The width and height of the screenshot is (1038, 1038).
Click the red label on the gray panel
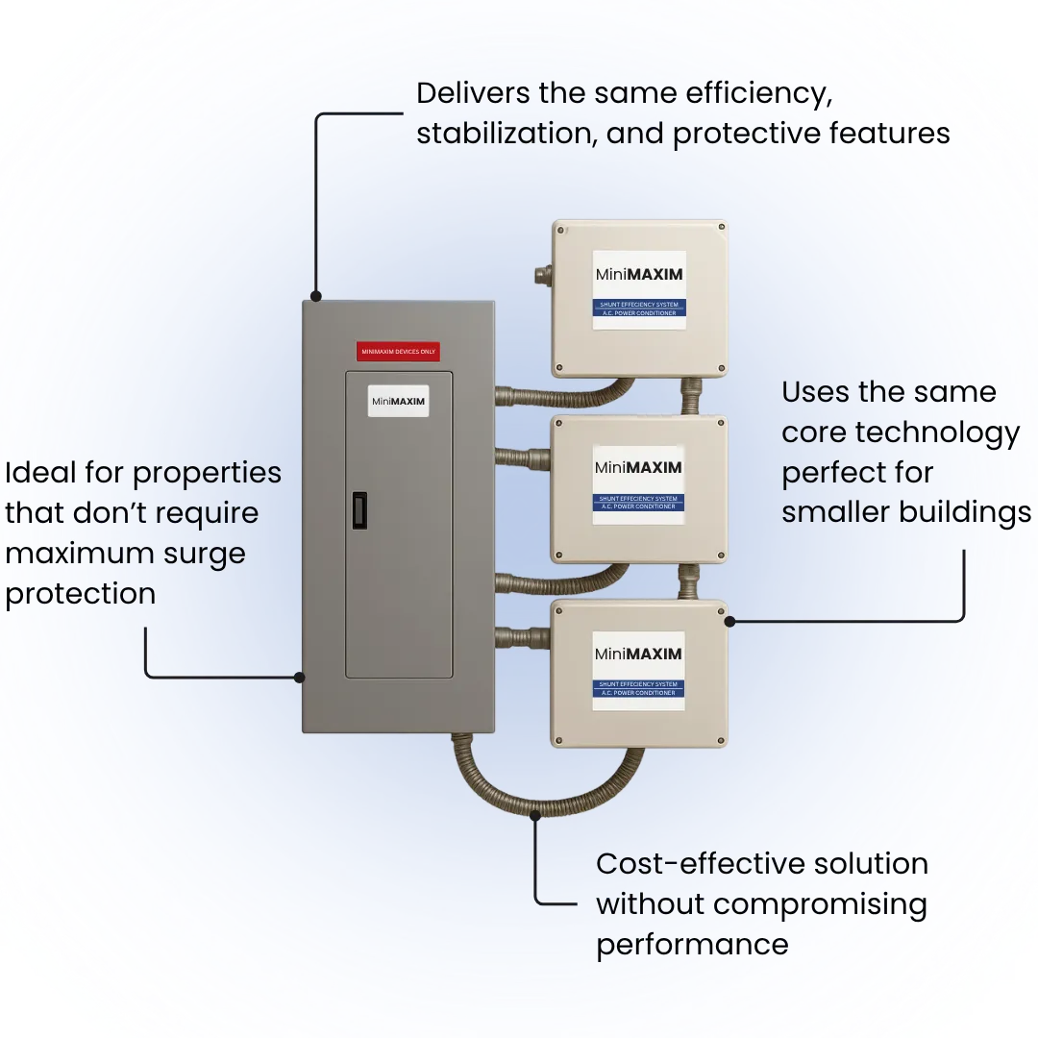(397, 352)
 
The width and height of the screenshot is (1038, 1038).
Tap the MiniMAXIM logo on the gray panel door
(398, 400)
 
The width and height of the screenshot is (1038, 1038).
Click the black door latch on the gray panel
(358, 510)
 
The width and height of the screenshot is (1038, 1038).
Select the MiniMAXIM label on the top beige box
(638, 275)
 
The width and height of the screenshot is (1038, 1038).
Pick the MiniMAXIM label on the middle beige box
(638, 468)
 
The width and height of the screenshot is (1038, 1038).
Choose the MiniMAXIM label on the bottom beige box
(638, 655)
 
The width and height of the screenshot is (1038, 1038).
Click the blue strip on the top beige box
(638, 309)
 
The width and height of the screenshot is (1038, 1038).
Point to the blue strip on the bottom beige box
(638, 688)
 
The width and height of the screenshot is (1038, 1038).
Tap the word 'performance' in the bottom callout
(692, 944)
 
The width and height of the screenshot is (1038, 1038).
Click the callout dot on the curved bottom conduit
(535, 815)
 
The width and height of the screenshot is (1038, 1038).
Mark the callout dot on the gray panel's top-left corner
(315, 296)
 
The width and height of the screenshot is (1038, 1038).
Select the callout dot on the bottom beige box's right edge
(729, 621)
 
